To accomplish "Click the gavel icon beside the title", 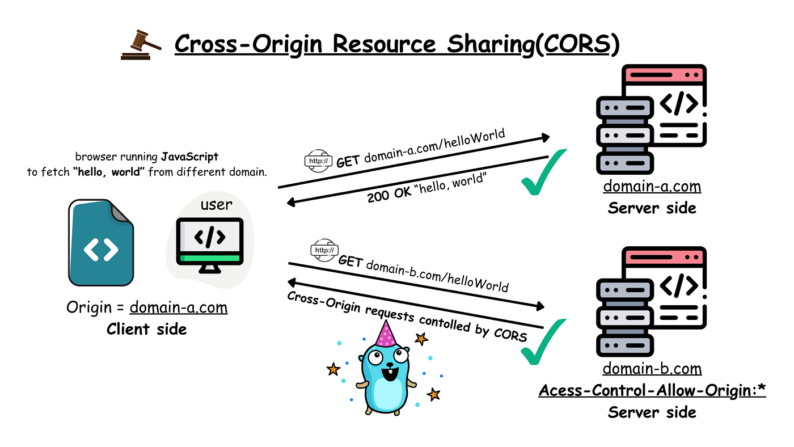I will coord(141,45).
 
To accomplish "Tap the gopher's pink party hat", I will coord(386,335).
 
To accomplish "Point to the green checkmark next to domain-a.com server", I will coord(544,172).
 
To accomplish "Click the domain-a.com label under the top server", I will coord(652,186).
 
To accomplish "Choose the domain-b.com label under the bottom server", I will coord(652,369).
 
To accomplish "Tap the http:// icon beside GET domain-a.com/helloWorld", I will coord(318,161).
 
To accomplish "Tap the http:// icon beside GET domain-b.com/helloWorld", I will coord(324,250).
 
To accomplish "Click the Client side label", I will coord(146,329).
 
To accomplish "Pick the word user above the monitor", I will coord(216,204).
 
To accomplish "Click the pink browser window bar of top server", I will coord(664,74).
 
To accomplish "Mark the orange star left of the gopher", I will coord(333,369).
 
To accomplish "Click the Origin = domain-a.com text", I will coord(146,307).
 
